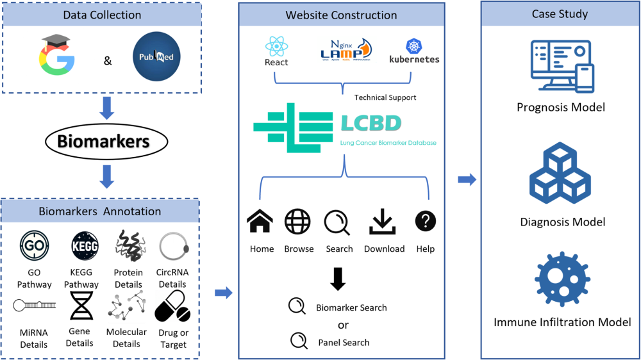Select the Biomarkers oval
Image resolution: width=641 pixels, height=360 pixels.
pos(106,141)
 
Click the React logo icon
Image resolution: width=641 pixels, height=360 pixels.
pos(276,46)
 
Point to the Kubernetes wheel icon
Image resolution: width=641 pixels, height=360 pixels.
pos(414,46)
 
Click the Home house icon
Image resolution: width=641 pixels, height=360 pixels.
pos(260,222)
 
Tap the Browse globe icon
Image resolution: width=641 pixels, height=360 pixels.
pos(297,222)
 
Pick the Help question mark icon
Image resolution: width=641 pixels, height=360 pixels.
pos(426,222)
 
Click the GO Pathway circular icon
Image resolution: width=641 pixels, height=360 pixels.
pos(34,246)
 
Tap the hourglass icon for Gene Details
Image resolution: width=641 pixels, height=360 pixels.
pos(81,305)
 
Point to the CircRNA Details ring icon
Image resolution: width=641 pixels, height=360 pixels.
pos(173,246)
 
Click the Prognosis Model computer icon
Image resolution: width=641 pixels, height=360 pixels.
pos(562,66)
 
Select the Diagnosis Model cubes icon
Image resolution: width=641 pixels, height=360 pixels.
pos(560,173)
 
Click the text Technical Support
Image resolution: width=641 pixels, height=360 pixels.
pos(385,97)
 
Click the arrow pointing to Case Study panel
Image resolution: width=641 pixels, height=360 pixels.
pos(467,180)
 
